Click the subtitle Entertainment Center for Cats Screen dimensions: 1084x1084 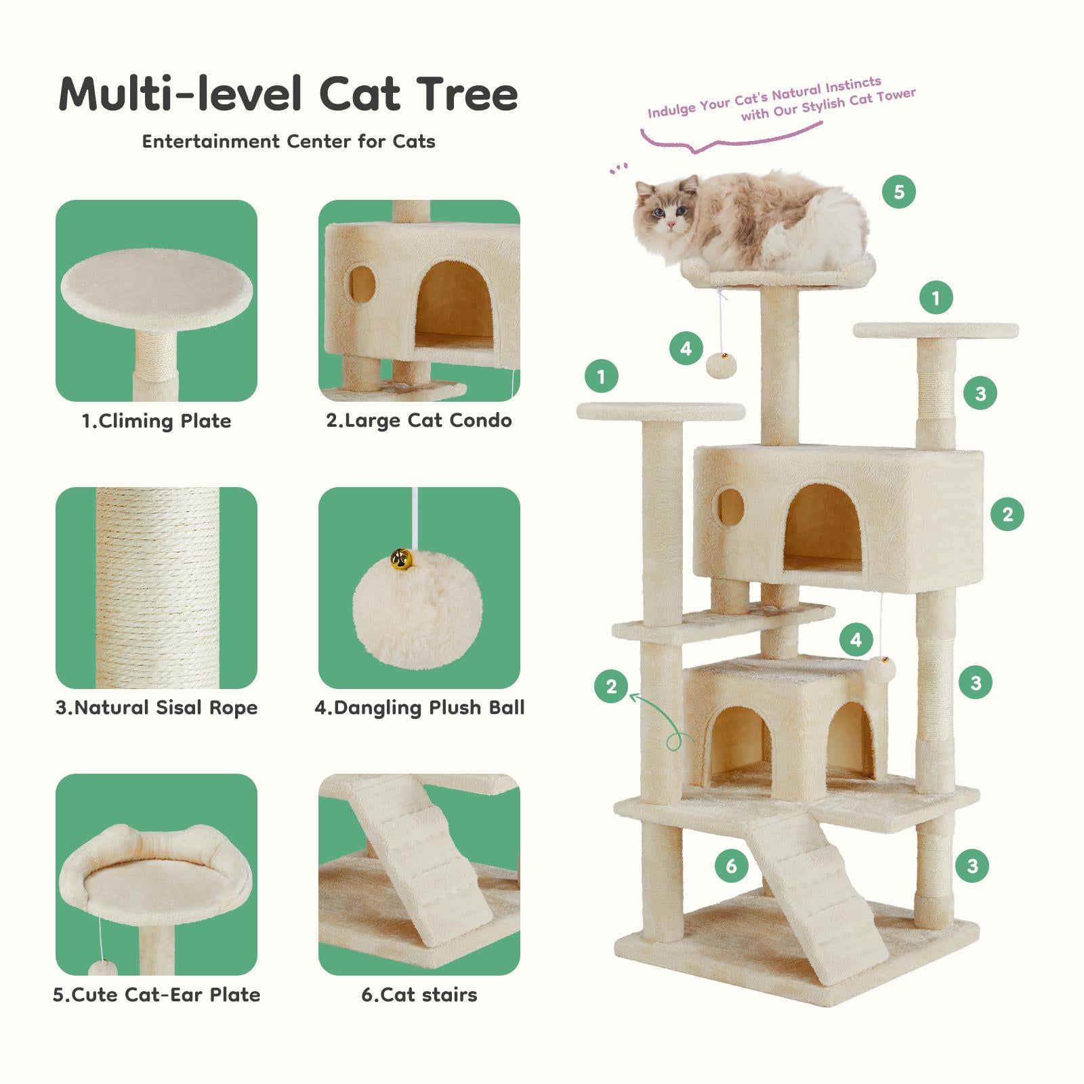point(289,142)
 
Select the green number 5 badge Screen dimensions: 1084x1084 point(899,192)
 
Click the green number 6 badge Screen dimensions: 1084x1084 point(731,865)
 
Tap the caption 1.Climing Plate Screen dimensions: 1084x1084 point(157,421)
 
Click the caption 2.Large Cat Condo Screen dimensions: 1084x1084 point(419,420)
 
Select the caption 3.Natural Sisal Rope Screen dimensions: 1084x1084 point(157,707)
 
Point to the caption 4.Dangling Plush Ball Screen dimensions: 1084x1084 point(419,707)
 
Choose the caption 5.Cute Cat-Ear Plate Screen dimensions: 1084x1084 point(157,995)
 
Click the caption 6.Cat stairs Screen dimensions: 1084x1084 point(419,995)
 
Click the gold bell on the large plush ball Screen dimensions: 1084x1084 point(401,560)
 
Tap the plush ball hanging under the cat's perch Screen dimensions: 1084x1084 point(722,365)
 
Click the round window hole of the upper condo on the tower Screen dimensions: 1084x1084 point(732,506)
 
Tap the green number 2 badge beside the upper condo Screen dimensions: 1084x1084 point(1007,514)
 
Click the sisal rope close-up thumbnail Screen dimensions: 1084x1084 point(157,587)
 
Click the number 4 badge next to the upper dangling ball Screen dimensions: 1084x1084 point(686,348)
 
